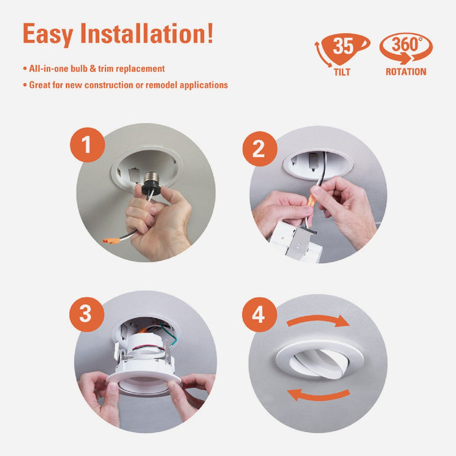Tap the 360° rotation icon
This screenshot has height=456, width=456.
(405, 48)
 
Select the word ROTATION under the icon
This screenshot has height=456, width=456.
(405, 72)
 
